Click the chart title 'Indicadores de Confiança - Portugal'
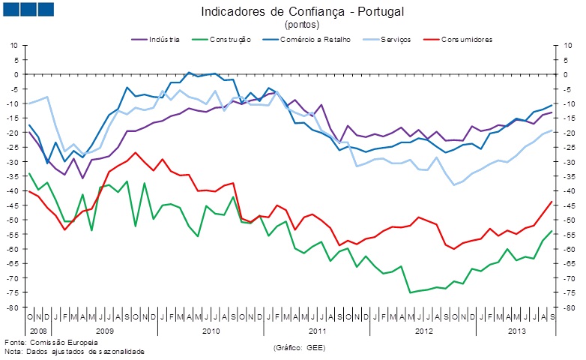(x=292, y=12)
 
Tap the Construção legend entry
(x=230, y=39)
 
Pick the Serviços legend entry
(x=395, y=39)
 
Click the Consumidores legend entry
(x=466, y=39)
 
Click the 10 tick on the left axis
(x=13, y=45)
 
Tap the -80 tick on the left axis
(x=11, y=307)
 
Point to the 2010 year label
(x=211, y=330)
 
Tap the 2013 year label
(x=517, y=330)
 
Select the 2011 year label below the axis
(x=317, y=330)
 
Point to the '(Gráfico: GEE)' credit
(x=300, y=347)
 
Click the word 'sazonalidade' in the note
(x=120, y=351)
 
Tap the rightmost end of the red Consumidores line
(x=552, y=201)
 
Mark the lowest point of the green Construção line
(x=410, y=292)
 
